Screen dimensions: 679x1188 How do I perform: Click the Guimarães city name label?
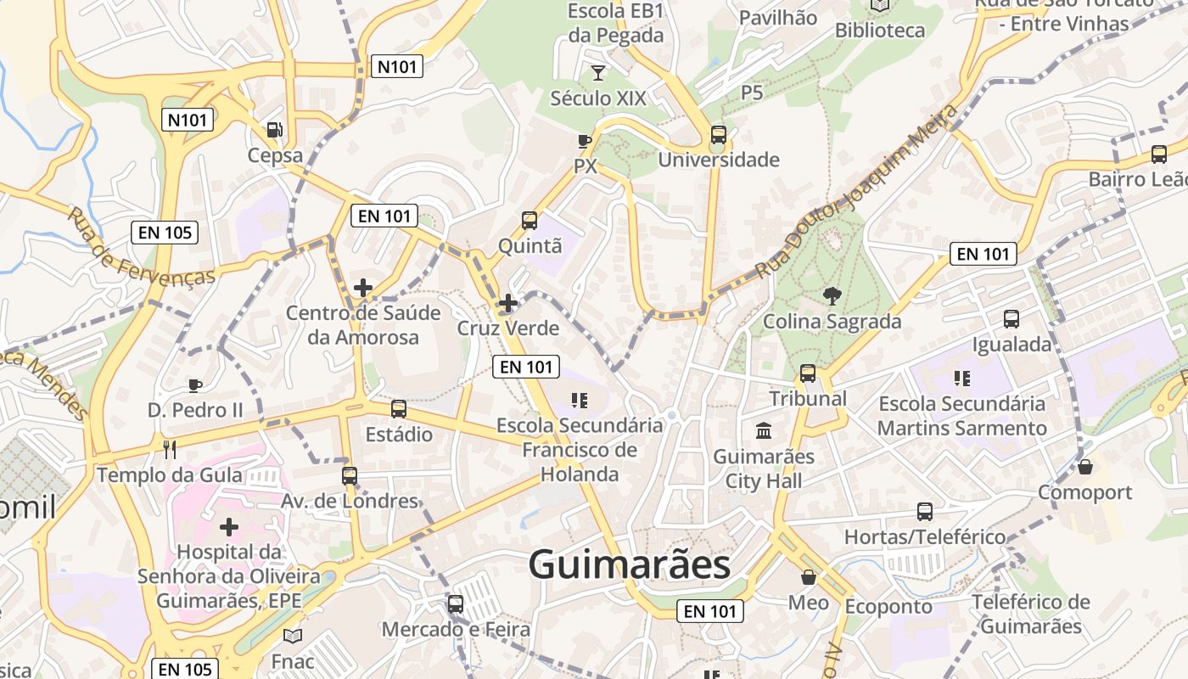pos(629,564)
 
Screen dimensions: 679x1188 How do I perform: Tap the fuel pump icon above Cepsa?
pos(275,130)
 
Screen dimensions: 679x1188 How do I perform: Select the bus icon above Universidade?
pos(719,134)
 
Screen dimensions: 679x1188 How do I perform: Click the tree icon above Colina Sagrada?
pos(832,296)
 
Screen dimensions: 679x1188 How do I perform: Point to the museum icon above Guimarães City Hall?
pos(764,430)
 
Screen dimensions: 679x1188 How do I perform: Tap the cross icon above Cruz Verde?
pos(508,303)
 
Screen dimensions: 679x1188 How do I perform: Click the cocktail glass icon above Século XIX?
pos(598,73)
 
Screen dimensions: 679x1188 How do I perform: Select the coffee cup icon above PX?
pos(585,141)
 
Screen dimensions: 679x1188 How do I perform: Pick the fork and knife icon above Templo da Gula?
pos(170,449)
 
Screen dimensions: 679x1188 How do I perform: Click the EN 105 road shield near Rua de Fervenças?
pos(165,232)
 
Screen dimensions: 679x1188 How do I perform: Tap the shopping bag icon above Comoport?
pos(1084,467)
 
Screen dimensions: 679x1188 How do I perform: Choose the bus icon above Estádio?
pos(399,409)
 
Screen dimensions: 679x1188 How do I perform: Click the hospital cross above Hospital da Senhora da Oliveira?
pos(229,527)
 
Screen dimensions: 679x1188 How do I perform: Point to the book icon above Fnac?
pos(293,636)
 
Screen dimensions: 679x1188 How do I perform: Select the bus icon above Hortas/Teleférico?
pos(925,512)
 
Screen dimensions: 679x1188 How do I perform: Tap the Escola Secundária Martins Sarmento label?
pos(961,416)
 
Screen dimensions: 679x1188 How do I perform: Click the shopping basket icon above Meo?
pos(809,577)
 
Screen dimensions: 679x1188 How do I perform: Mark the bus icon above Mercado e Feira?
pos(456,604)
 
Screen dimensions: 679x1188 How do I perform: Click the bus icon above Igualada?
pos(1011,319)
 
